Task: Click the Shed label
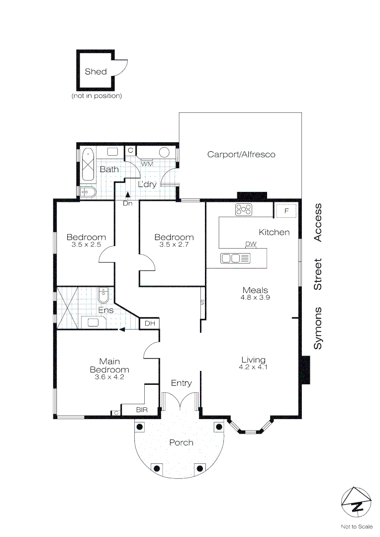click(95, 72)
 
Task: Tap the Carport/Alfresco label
click(241, 155)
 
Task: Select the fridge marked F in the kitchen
click(286, 211)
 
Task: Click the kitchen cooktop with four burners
click(244, 210)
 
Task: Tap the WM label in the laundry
click(147, 163)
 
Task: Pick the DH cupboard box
click(150, 324)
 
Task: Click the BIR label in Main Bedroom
click(142, 410)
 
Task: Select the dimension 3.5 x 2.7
click(174, 245)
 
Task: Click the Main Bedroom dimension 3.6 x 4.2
click(109, 377)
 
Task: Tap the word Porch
click(181, 443)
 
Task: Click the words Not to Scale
click(356, 527)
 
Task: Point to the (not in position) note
click(96, 95)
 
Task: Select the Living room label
click(253, 360)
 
